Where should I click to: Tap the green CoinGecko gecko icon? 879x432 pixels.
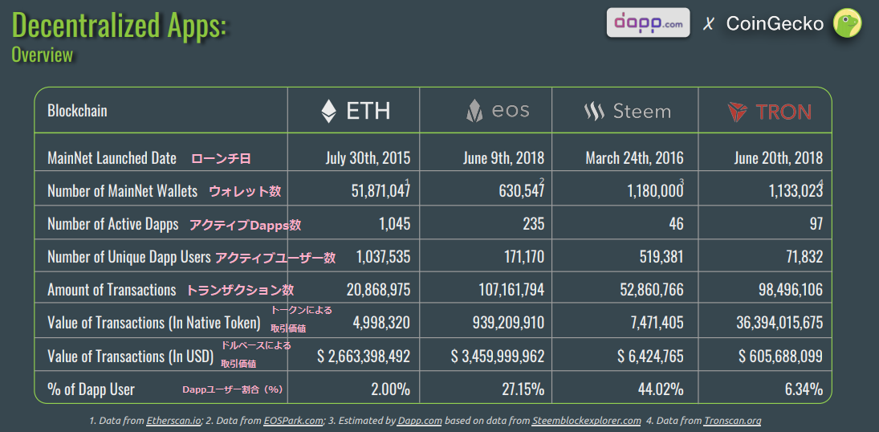(848, 23)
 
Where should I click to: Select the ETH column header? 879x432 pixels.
(356, 111)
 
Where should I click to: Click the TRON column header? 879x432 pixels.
(769, 112)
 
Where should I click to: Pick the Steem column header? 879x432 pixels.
(628, 112)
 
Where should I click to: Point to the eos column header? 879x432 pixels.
(498, 111)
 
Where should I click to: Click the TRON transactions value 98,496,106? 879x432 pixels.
(784, 290)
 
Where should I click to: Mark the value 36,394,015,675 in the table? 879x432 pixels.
(767, 323)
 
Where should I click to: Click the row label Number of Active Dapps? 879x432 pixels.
(113, 224)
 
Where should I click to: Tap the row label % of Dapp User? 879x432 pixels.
(92, 389)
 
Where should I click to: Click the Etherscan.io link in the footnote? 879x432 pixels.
(173, 420)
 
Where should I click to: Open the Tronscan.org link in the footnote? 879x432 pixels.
(732, 420)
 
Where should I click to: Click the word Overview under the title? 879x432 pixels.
(43, 55)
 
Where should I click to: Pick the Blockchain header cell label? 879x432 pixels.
(78, 111)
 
